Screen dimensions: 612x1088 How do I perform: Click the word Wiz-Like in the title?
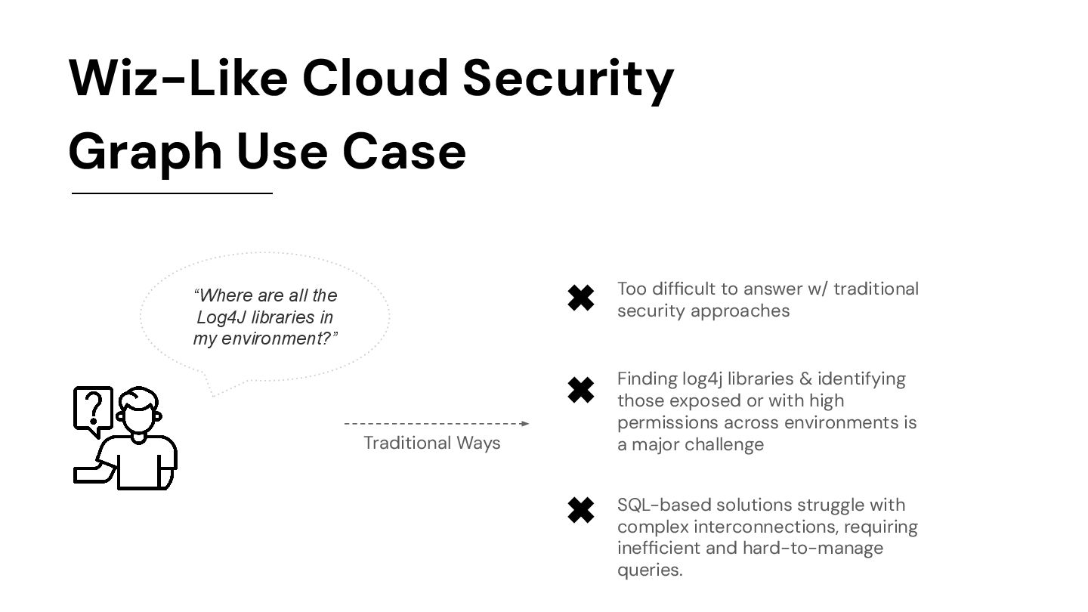coord(178,78)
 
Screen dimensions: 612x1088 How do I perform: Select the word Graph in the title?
coord(144,152)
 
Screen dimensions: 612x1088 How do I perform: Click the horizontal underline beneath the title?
coord(172,193)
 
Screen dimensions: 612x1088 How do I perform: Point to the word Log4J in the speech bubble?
coord(218,317)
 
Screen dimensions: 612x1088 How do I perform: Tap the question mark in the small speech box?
coord(93,409)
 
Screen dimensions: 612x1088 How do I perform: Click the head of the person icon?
coord(139,413)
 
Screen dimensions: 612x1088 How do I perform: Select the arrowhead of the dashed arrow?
coord(525,423)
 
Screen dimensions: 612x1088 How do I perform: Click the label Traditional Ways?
coord(431,443)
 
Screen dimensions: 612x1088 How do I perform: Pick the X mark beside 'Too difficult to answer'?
coord(580,298)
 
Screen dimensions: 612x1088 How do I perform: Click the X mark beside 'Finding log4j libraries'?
coord(580,390)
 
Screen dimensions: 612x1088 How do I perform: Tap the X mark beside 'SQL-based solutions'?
coord(580,511)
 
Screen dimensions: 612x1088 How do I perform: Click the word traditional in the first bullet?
coord(876,289)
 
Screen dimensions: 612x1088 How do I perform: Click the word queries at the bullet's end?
coord(649,570)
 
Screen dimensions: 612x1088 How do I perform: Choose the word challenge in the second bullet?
coord(727,444)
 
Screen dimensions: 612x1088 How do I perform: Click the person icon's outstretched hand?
coord(87,474)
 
